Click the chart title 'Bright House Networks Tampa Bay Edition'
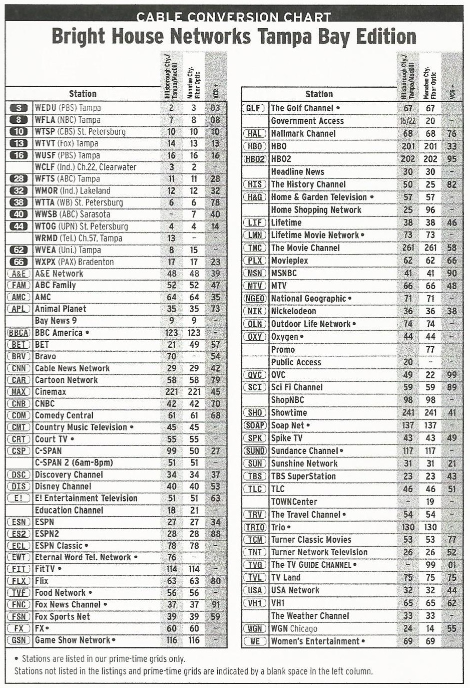point(234,37)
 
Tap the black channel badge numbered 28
point(19,179)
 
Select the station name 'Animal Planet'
point(60,309)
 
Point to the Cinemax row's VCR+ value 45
point(215,392)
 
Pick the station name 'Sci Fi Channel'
point(296,387)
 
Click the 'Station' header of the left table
point(83,94)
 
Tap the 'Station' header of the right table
point(319,94)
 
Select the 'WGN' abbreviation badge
point(255,628)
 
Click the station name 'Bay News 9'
point(56,321)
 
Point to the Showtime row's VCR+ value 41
point(451,412)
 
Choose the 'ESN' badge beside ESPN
point(19,522)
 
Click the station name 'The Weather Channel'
point(310,616)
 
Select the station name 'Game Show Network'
point(72,640)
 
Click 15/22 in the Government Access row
point(407,121)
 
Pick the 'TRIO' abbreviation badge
point(255,527)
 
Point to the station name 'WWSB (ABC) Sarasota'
point(72,214)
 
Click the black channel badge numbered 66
point(19,262)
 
